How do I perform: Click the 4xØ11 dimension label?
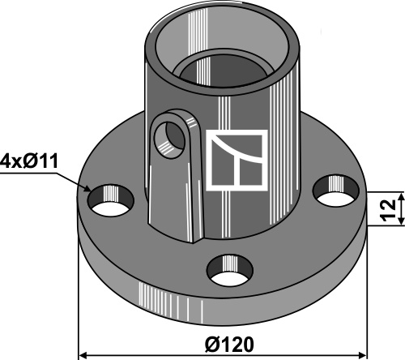(x=29, y=161)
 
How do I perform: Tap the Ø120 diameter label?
(x=229, y=345)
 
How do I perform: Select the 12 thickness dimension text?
(x=388, y=210)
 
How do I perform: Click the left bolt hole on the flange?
(x=111, y=200)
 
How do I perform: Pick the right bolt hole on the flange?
(x=335, y=191)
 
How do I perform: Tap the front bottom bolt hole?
(x=230, y=270)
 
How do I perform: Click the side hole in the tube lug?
(x=169, y=139)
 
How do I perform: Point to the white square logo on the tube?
(x=237, y=161)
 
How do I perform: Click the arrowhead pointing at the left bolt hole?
(x=87, y=188)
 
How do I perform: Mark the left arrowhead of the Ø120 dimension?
(x=83, y=354)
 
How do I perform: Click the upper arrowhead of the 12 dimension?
(x=402, y=197)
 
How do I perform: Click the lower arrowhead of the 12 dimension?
(x=402, y=220)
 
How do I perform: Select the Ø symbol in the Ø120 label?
(x=211, y=345)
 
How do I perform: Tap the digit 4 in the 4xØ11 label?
(x=6, y=161)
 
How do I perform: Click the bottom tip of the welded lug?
(x=194, y=242)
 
